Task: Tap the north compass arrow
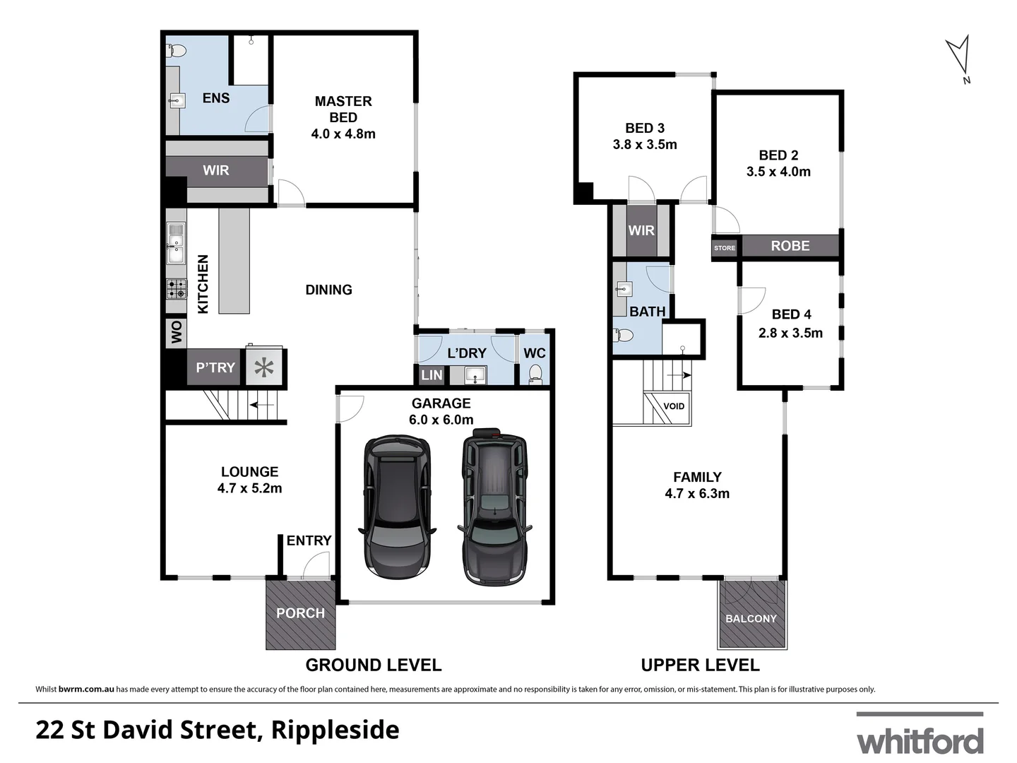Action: [958, 56]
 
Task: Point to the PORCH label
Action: [300, 613]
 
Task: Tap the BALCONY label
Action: [751, 619]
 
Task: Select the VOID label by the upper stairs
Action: [674, 406]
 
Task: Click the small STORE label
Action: [725, 248]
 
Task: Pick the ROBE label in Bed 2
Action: [790, 246]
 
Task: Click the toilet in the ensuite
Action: [176, 51]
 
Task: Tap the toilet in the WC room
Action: [535, 372]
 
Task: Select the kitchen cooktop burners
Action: [177, 288]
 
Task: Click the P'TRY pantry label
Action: [215, 367]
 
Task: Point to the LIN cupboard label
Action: [432, 375]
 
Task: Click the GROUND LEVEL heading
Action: [373, 665]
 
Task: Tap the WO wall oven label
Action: [176, 332]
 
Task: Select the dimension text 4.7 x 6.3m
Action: [697, 494]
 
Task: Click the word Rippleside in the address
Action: [335, 730]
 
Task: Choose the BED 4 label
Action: [791, 314]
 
